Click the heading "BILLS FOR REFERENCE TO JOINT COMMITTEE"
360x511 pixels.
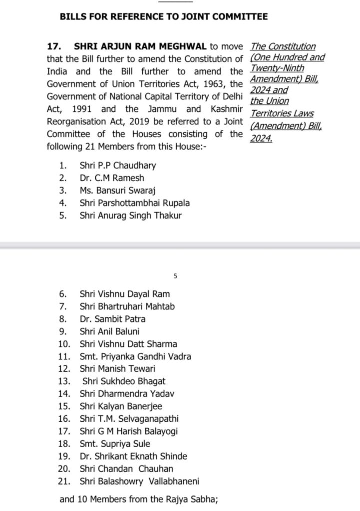point(164,16)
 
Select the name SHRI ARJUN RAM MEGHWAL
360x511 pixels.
point(140,46)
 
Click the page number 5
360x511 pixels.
point(175,275)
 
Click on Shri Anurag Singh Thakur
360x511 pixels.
point(131,216)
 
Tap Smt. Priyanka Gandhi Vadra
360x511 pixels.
point(135,356)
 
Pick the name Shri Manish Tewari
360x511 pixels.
point(117,369)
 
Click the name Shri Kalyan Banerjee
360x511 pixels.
point(120,407)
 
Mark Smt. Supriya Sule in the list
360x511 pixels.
point(114,444)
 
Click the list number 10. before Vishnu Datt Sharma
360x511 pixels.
point(64,344)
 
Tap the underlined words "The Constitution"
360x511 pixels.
point(283,46)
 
